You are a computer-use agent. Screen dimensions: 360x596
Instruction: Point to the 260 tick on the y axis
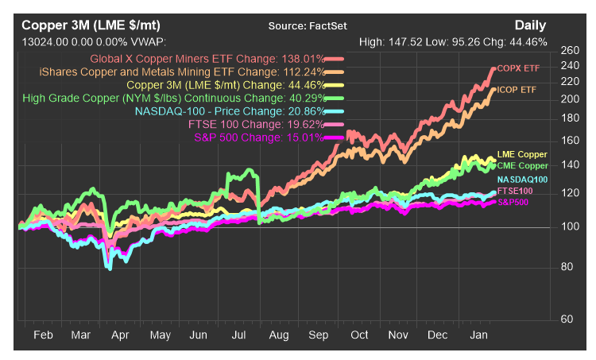pyautogui.click(x=571, y=50)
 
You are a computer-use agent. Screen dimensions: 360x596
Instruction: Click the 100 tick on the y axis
pyautogui.click(x=571, y=227)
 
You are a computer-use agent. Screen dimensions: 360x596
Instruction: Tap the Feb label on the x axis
pyautogui.click(x=43, y=336)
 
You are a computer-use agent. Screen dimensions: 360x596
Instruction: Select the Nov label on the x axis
pyautogui.click(x=397, y=336)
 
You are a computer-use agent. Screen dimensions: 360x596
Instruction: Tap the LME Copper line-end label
pyautogui.click(x=522, y=154)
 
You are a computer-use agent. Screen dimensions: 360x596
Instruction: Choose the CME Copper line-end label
pyautogui.click(x=522, y=165)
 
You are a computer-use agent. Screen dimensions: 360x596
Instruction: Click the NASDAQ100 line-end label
pyautogui.click(x=521, y=180)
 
